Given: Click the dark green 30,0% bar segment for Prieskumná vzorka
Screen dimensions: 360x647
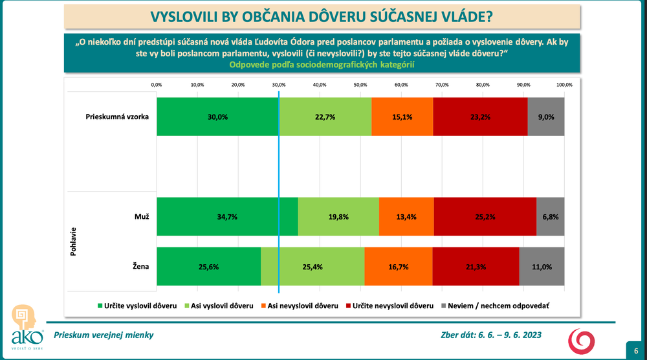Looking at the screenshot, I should pyautogui.click(x=217, y=117).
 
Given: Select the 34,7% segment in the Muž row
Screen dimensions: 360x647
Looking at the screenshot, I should pyautogui.click(x=227, y=216).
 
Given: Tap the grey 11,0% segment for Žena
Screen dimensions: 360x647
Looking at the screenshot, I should pyautogui.click(x=542, y=267).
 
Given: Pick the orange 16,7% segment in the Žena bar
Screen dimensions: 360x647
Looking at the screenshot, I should pyautogui.click(x=399, y=267).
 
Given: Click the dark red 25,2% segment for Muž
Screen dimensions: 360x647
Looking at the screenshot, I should pyautogui.click(x=485, y=216).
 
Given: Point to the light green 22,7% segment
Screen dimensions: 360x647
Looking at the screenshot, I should pyautogui.click(x=325, y=117).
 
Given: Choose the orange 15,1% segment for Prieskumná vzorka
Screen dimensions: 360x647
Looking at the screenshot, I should pyautogui.click(x=402, y=117).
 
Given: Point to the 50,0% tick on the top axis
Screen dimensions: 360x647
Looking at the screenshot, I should pyautogui.click(x=360, y=85).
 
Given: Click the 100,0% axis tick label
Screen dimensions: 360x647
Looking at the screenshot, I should pyautogui.click(x=564, y=85).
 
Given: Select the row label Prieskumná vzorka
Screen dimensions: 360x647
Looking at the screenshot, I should pyautogui.click(x=117, y=117).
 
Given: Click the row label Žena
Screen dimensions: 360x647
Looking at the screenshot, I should pyautogui.click(x=140, y=267).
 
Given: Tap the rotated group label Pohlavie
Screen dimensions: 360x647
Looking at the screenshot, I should pyautogui.click(x=73, y=242).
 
